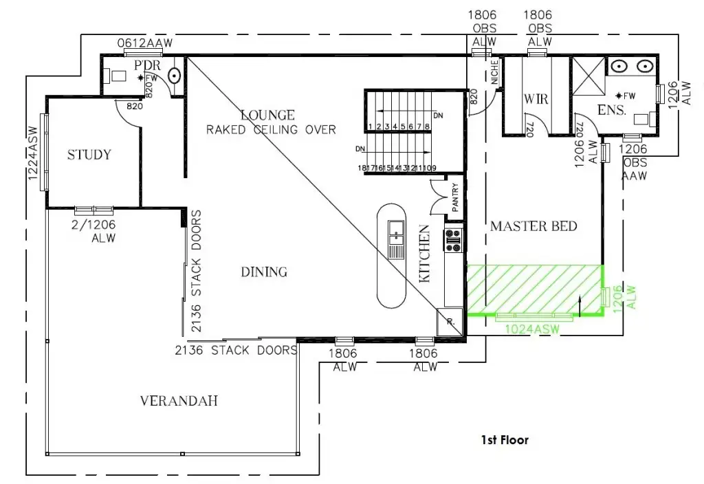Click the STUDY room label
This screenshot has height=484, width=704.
click(x=89, y=155)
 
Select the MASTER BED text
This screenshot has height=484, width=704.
click(x=533, y=226)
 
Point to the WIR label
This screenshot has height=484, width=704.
click(x=536, y=99)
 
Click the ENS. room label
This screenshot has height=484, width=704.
click(x=611, y=110)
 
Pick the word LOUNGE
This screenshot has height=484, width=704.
click(x=267, y=115)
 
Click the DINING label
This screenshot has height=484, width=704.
click(x=264, y=272)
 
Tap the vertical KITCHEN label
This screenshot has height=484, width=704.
click(x=424, y=254)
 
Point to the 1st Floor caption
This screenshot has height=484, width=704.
click(x=505, y=440)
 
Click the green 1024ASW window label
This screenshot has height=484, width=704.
click(x=533, y=329)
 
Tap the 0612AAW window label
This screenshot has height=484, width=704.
click(x=144, y=43)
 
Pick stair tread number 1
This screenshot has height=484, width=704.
click(x=370, y=126)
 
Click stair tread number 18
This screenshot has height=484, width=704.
click(x=362, y=168)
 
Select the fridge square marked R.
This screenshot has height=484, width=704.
click(x=449, y=321)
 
